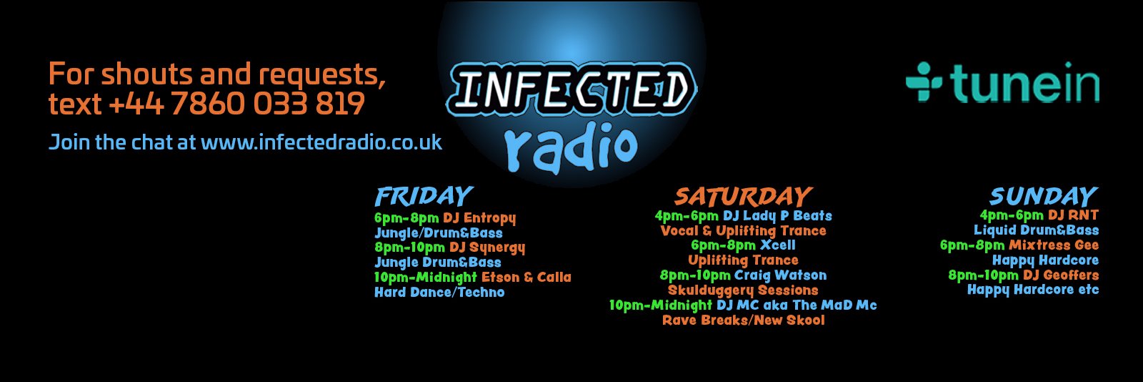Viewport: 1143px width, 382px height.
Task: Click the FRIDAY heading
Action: point(424,196)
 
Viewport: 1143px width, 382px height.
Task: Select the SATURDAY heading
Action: point(743,196)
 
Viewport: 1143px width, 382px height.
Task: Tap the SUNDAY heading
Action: point(1044,196)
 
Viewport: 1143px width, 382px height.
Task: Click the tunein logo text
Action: point(1024,83)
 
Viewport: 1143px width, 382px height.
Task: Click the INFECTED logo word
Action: point(571,89)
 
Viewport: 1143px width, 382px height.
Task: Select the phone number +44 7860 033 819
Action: point(237,104)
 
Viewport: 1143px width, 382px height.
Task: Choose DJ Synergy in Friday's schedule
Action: point(486,248)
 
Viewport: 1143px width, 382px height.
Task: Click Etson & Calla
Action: point(526,277)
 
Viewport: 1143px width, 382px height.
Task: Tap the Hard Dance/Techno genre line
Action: point(439,293)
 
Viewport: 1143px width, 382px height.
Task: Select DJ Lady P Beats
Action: point(777,215)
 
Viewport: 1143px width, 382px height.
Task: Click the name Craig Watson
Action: point(781,275)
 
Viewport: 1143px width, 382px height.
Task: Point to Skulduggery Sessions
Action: point(743,290)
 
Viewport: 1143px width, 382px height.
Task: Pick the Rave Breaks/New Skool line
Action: point(743,320)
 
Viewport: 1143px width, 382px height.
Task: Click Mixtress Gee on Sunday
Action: point(1054,245)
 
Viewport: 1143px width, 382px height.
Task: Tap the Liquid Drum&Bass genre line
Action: point(1036,230)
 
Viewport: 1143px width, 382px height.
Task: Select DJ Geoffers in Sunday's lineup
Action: point(1061,275)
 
